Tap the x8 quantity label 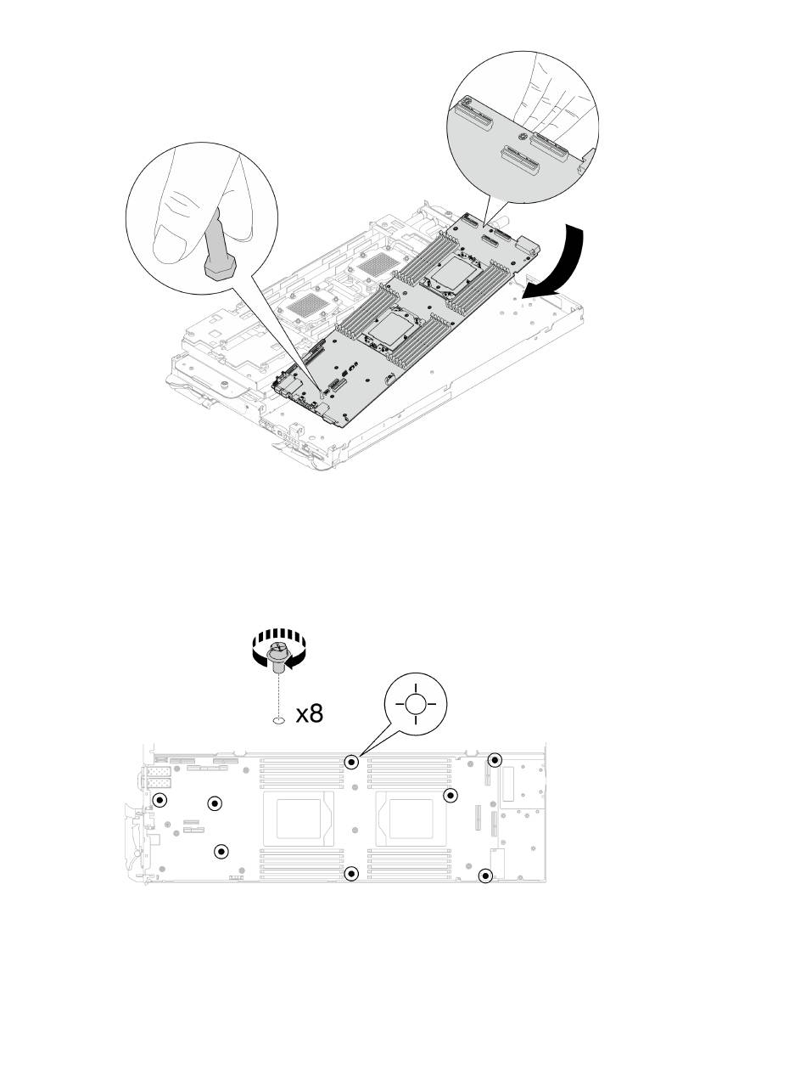click(x=309, y=712)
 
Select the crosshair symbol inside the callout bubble click(x=414, y=704)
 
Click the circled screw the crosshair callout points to click(x=352, y=762)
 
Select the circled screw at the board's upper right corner click(x=495, y=760)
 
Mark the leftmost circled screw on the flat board click(x=159, y=800)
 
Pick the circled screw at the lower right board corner click(x=485, y=876)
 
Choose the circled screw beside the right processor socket click(x=451, y=795)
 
